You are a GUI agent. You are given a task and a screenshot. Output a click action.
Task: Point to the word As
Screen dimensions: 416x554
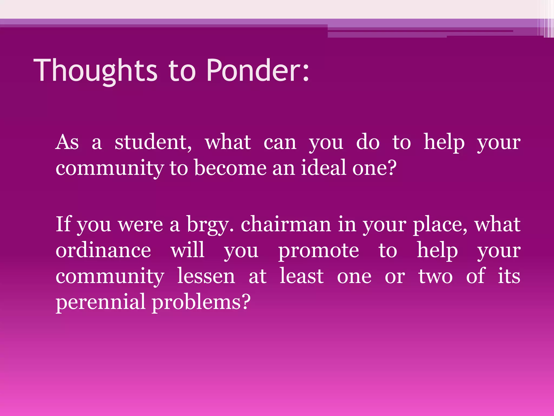click(x=67, y=142)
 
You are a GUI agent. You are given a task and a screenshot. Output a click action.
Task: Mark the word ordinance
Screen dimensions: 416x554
click(x=103, y=250)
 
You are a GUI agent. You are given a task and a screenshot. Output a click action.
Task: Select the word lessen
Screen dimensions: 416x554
click(x=206, y=276)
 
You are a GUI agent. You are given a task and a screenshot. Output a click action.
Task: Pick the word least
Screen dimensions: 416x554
click(x=302, y=276)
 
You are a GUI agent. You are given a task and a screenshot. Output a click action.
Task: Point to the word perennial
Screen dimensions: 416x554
click(x=100, y=302)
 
